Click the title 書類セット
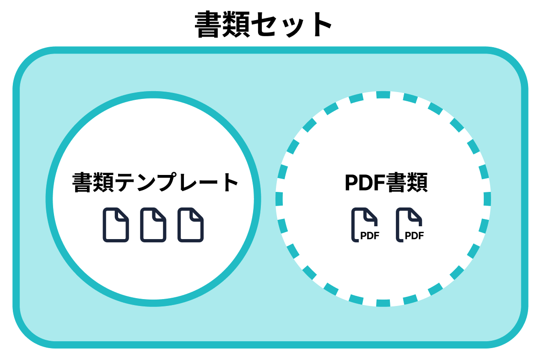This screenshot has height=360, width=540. click(x=263, y=25)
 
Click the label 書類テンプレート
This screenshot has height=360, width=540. click(x=156, y=183)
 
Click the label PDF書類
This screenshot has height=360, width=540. click(x=386, y=183)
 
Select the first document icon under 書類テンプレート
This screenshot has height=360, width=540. click(x=115, y=225)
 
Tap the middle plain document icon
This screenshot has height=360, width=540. click(x=153, y=225)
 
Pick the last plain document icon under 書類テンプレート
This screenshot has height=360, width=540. click(x=190, y=225)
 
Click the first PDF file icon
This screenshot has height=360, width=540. click(x=365, y=225)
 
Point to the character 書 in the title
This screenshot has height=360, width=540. click(x=209, y=25)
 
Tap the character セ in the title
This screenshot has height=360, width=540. click(x=265, y=25)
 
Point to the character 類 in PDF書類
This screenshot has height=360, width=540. click(x=417, y=183)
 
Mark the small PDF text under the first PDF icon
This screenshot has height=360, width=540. click(x=370, y=236)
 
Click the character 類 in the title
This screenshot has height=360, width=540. click(x=236, y=25)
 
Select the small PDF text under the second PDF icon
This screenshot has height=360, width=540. click(x=415, y=236)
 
